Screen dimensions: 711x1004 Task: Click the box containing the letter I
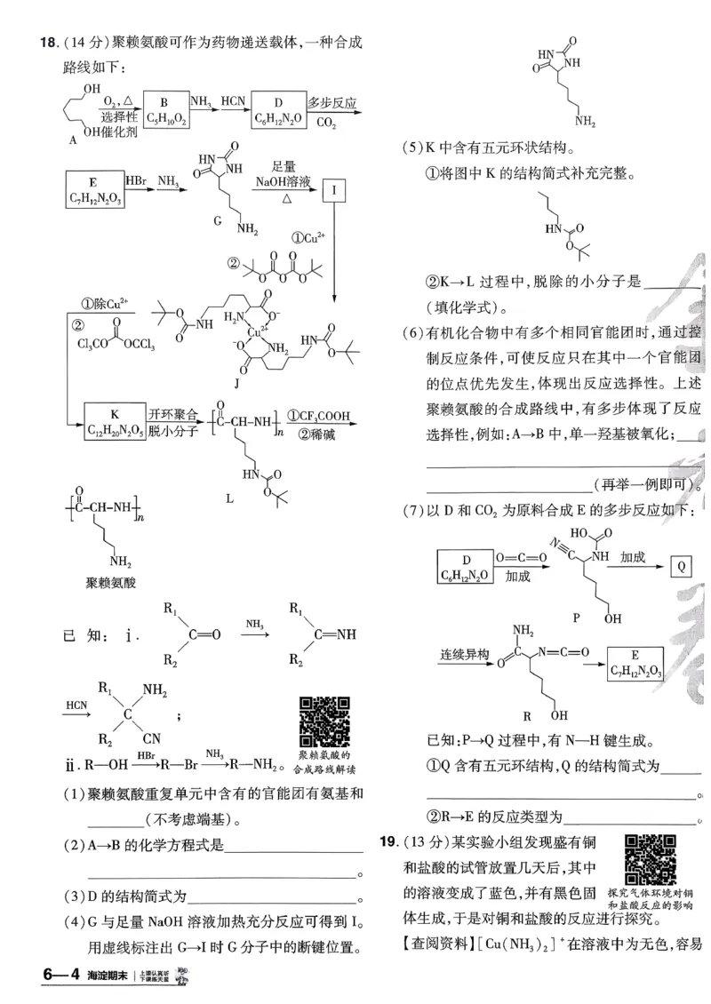pos(333,189)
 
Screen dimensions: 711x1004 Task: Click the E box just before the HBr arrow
pos(92,189)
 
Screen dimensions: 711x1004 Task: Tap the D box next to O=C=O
pos(469,566)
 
